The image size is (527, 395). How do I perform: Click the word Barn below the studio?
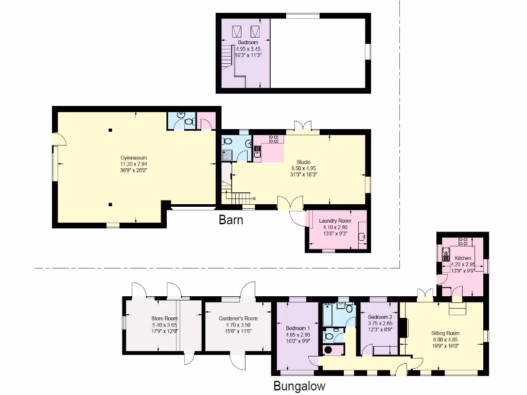pyautogui.click(x=231, y=220)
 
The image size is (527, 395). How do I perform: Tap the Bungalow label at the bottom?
pyautogui.click(x=299, y=386)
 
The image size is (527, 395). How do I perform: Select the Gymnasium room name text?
pyautogui.click(x=134, y=157)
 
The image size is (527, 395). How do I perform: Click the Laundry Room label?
pyautogui.click(x=335, y=221)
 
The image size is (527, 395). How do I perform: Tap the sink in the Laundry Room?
pyautogui.click(x=362, y=236)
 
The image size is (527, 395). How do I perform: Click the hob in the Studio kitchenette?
pyautogui.click(x=273, y=139)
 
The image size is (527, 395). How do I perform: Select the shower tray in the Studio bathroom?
pyautogui.click(x=227, y=153)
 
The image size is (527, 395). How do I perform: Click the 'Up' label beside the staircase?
pyautogui.click(x=254, y=198)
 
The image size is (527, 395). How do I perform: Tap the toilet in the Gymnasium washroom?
pyautogui.click(x=188, y=122)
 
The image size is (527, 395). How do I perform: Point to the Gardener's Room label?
pyautogui.click(x=238, y=318)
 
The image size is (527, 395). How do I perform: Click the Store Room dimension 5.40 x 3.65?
pyautogui.click(x=164, y=325)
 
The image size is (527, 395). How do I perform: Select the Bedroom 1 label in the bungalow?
pyautogui.click(x=298, y=328)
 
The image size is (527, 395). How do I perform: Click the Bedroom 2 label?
pyautogui.click(x=380, y=317)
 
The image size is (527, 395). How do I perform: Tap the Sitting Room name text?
pyautogui.click(x=445, y=333)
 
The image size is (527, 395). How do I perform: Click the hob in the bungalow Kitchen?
pyautogui.click(x=463, y=241)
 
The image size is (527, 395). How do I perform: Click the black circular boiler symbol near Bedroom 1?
pyautogui.click(x=327, y=350)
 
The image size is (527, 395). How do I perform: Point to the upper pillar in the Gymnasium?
pyautogui.click(x=110, y=130)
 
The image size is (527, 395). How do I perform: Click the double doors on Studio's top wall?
pyautogui.click(x=302, y=127)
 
